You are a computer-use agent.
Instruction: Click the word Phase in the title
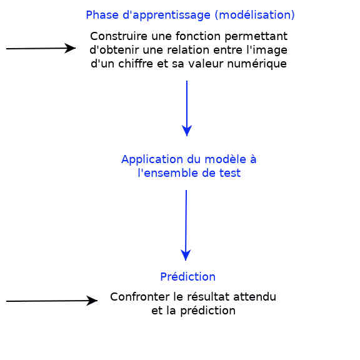[102, 15]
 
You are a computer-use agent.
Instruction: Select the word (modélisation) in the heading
[254, 16]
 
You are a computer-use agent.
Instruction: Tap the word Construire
[119, 36]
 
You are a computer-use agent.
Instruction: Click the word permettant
[256, 37]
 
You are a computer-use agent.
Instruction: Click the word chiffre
[136, 64]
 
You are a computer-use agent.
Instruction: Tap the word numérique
[257, 64]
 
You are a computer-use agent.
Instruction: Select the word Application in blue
[152, 159]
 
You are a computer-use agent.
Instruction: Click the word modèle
[225, 159]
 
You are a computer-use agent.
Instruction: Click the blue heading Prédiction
[187, 277]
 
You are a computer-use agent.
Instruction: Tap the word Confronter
[140, 297]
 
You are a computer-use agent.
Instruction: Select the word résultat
[209, 297]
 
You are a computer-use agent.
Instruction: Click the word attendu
[254, 297]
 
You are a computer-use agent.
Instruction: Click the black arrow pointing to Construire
[41, 48]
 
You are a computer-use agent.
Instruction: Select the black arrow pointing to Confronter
[52, 301]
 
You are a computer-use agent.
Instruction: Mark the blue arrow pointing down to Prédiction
[186, 225]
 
